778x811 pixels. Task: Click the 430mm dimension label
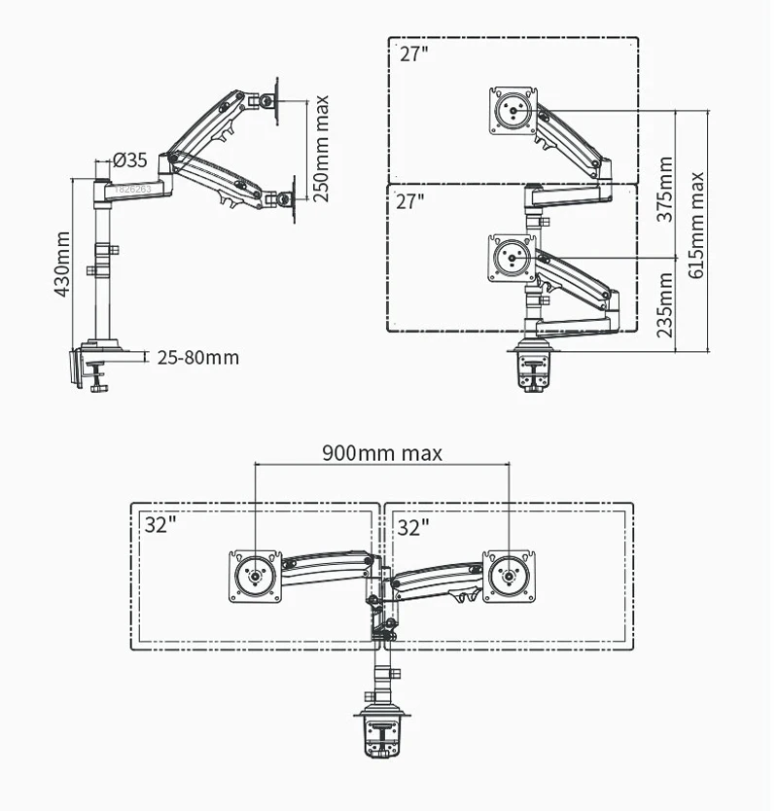pos(61,264)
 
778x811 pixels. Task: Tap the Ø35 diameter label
pos(129,159)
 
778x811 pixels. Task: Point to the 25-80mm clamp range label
pos(197,357)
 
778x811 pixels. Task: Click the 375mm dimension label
pos(665,190)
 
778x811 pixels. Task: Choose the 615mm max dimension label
pos(696,225)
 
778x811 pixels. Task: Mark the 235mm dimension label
pos(665,304)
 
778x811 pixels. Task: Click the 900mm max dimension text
pos(382,452)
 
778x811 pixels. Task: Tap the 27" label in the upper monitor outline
pos(413,54)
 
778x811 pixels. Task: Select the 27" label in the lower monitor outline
pos(410,201)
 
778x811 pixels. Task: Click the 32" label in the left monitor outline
pos(161,526)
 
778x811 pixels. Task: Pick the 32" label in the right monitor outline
pos(413,526)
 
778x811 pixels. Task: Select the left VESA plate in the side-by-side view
pos(255,576)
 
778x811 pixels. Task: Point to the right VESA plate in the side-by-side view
pos(509,576)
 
